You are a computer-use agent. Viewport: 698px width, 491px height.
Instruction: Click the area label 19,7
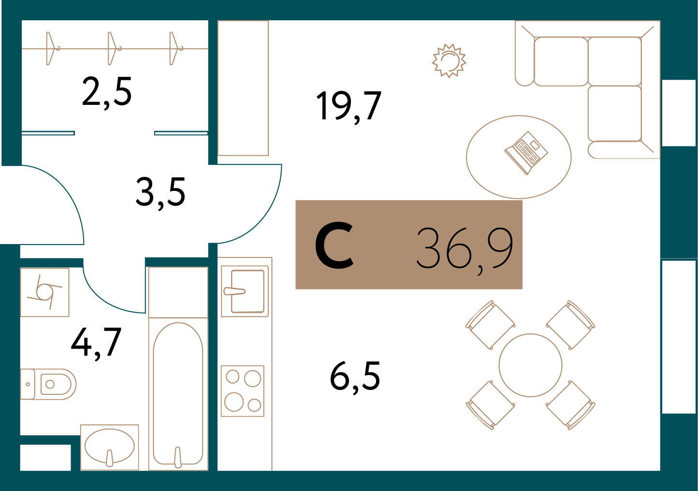coord(349,106)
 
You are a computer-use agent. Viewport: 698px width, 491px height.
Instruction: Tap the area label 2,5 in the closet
coord(107,92)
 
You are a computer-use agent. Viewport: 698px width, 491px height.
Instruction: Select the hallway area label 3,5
coord(160,192)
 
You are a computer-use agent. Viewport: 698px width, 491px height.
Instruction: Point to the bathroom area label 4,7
coord(96,343)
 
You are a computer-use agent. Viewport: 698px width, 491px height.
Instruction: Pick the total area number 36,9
coord(465,248)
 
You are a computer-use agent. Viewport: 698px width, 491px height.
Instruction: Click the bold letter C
coord(334,245)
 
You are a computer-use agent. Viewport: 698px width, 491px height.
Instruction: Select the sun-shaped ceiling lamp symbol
coord(449,61)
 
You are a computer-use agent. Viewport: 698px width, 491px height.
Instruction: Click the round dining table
coord(530,365)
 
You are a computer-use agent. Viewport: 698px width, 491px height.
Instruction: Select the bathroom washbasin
coord(110,447)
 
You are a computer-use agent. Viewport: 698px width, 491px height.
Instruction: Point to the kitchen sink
coord(245,291)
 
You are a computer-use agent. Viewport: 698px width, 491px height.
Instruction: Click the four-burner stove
coord(243,390)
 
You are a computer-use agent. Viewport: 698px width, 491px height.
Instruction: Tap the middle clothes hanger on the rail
coord(113,48)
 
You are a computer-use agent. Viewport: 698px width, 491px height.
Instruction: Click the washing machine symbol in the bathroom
coord(44,292)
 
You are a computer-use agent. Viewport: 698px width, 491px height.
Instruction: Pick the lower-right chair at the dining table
coord(570,405)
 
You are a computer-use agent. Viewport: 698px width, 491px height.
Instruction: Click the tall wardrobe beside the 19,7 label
coord(243,88)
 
